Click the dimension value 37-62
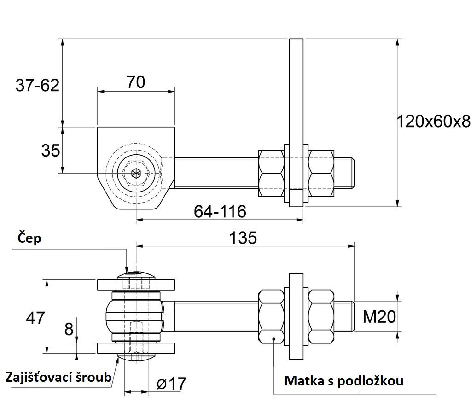(38, 85)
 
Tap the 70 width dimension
(136, 82)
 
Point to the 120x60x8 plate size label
(433, 122)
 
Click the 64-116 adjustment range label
(220, 211)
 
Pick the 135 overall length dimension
(243, 238)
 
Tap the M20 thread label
(379, 317)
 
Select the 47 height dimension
(35, 318)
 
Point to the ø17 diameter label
(172, 384)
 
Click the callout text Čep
(29, 238)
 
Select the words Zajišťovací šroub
(58, 377)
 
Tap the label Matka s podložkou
(343, 381)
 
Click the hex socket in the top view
(136, 173)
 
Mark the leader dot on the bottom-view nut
(273, 339)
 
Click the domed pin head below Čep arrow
(136, 275)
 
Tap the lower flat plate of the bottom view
(136, 348)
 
